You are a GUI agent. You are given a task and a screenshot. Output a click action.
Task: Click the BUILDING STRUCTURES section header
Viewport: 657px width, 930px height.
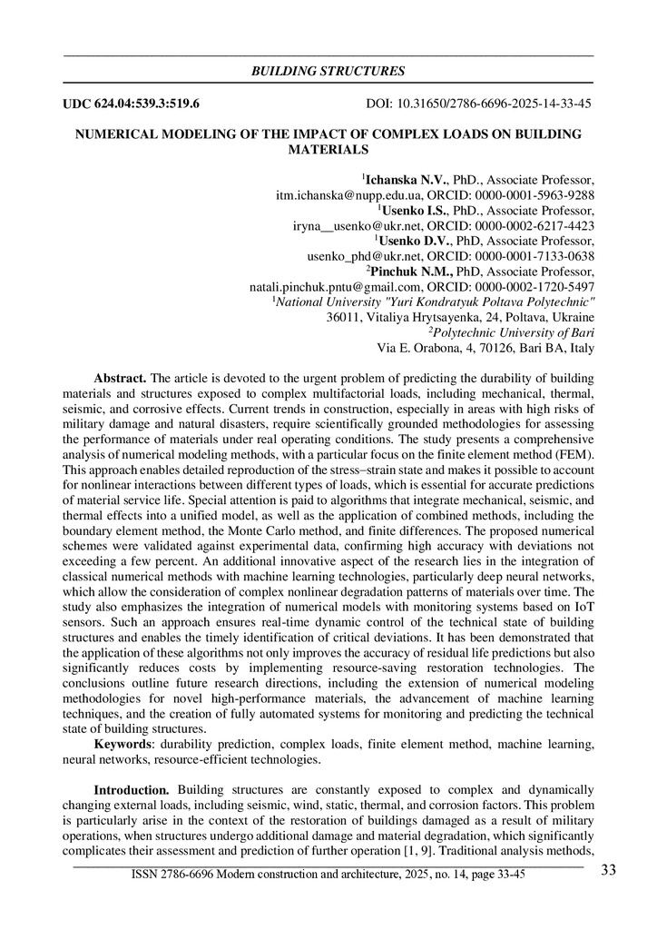[328, 71]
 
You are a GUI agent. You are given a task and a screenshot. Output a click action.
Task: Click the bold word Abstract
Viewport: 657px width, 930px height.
[120, 378]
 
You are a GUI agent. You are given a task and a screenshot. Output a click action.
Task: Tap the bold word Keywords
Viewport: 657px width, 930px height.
[123, 744]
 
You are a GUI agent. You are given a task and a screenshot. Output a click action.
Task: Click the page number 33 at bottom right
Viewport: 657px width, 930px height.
[608, 871]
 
